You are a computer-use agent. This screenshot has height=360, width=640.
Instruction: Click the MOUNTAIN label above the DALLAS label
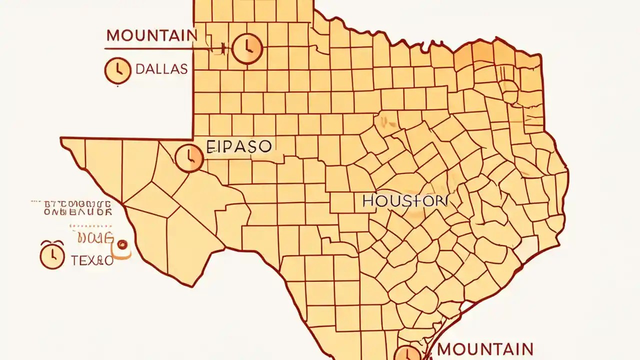point(151,35)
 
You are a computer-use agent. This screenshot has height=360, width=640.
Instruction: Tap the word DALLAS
point(161,69)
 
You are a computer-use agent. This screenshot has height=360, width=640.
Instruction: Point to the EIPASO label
point(239,146)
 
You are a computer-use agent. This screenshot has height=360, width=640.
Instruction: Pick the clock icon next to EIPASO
point(189,158)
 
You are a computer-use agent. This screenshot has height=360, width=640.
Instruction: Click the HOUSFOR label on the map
point(405,201)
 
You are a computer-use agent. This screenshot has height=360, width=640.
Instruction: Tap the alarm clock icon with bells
point(52,254)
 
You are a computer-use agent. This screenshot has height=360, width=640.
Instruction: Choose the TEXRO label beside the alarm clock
point(92,260)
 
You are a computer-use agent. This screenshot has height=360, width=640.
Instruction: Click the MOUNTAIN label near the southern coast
point(485,348)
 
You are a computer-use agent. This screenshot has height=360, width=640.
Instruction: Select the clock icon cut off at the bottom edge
point(407,353)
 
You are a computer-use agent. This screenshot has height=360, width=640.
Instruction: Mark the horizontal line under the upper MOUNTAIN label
point(150,48)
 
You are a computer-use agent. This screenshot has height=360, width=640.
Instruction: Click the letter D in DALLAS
point(140,69)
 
